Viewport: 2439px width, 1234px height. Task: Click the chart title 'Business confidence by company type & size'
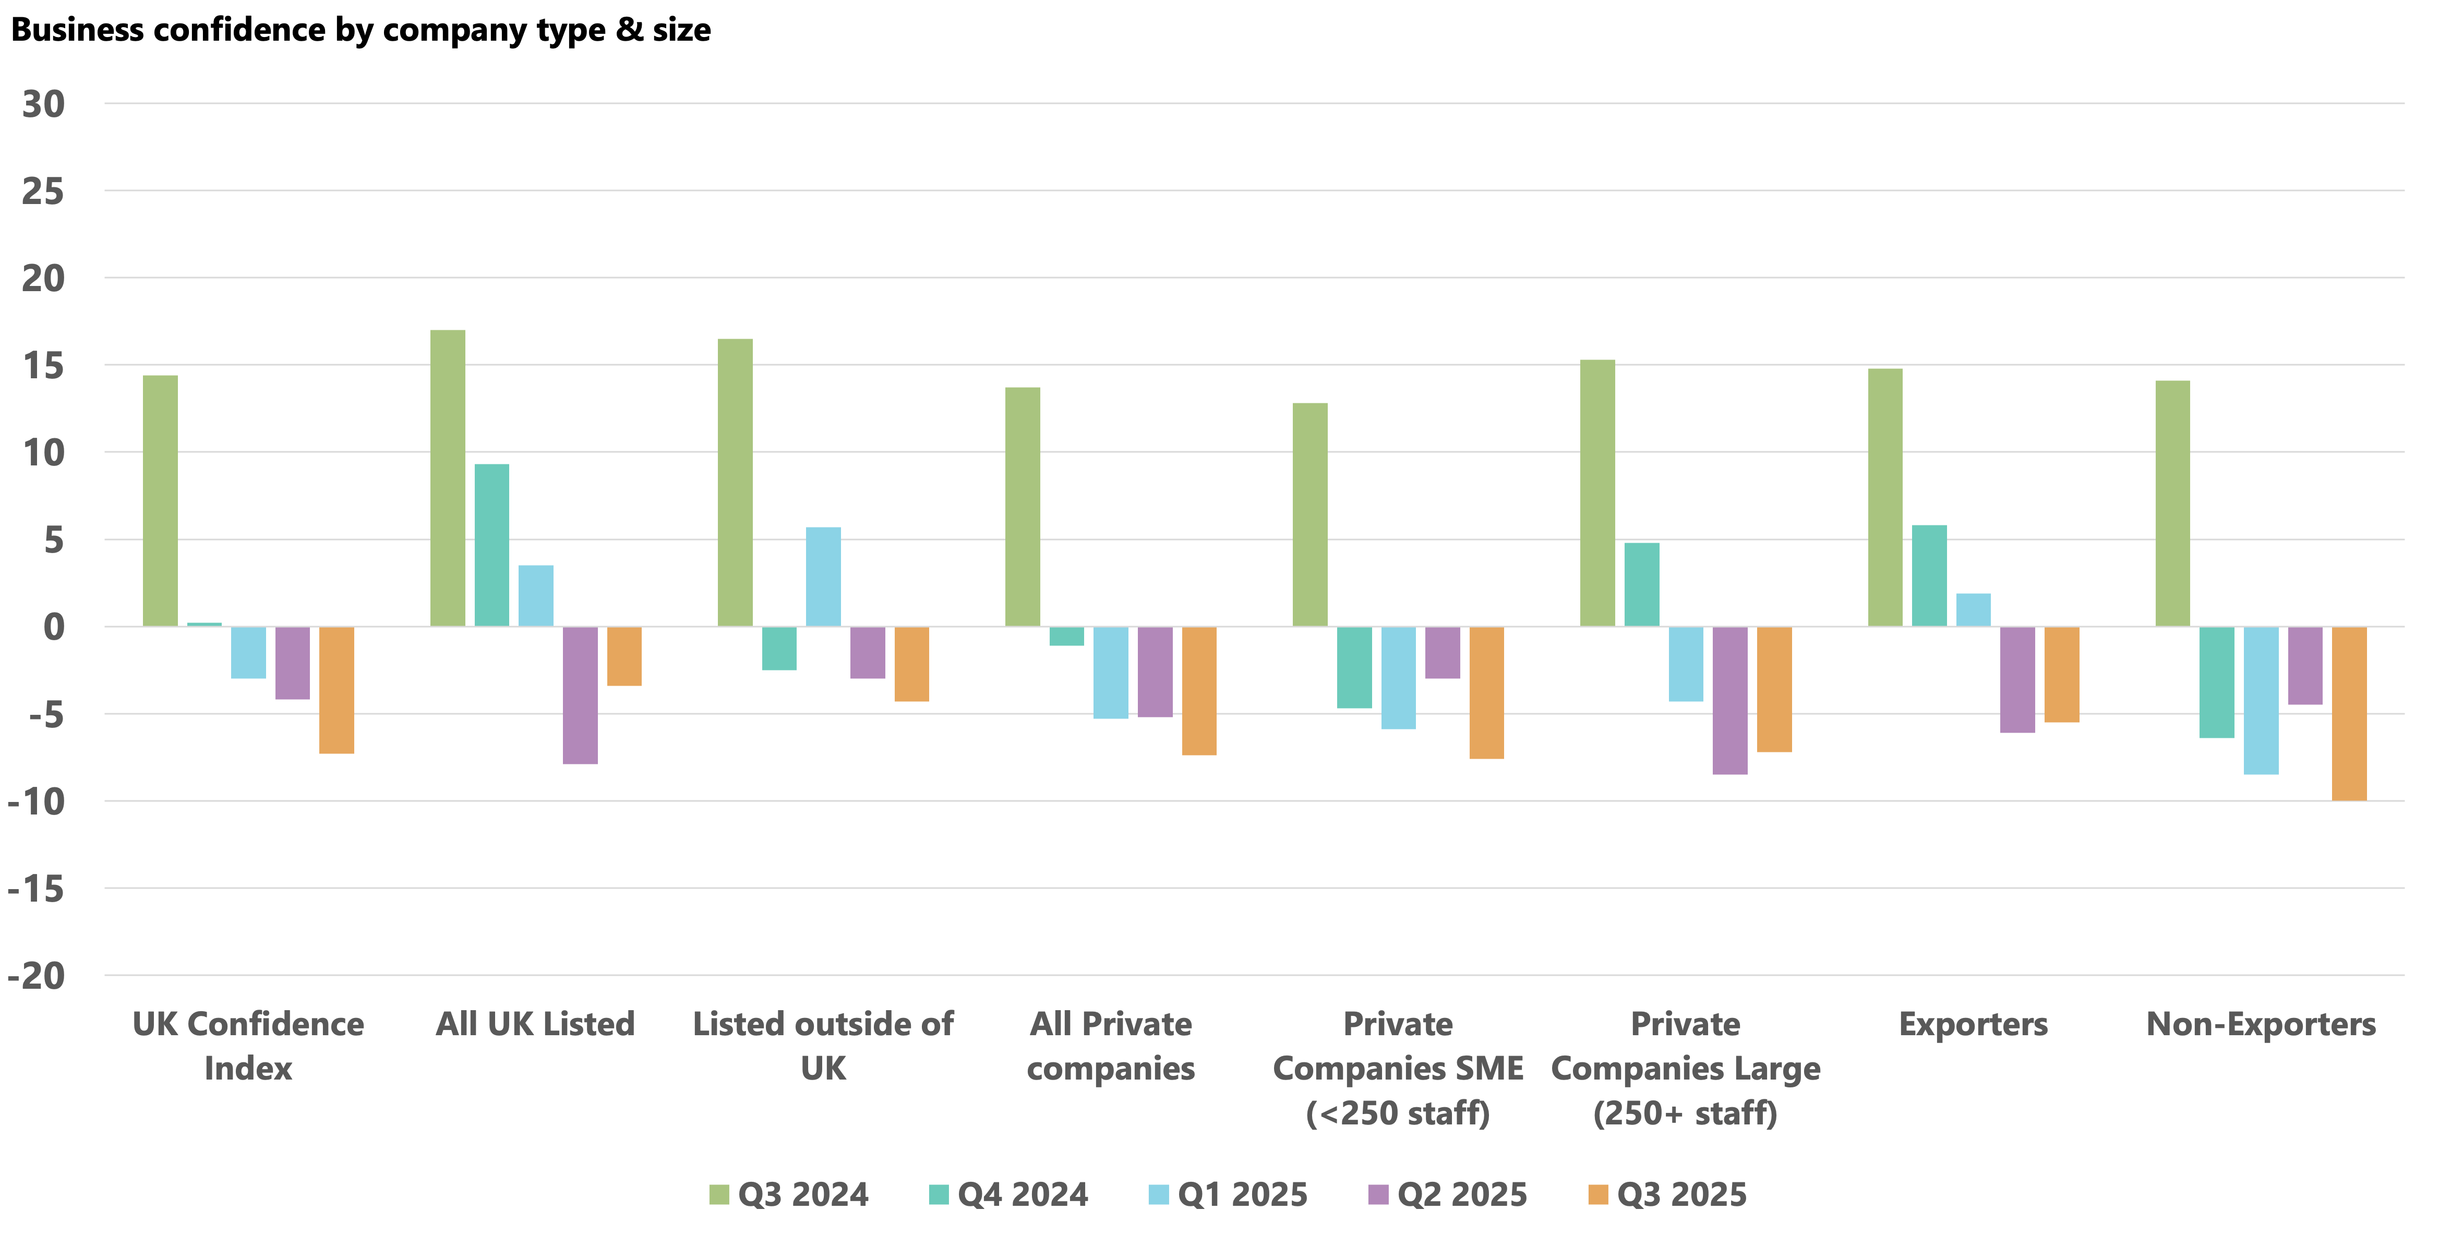click(x=361, y=30)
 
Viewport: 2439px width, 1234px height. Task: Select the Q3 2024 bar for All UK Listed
click(x=448, y=478)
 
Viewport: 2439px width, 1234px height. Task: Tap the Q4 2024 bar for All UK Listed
click(x=491, y=545)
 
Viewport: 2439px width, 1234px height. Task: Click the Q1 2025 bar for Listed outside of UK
click(x=823, y=577)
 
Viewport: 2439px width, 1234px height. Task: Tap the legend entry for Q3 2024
click(x=789, y=1194)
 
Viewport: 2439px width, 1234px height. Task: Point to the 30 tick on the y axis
click(x=43, y=104)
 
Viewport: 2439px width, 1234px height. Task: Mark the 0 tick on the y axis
click(x=54, y=627)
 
